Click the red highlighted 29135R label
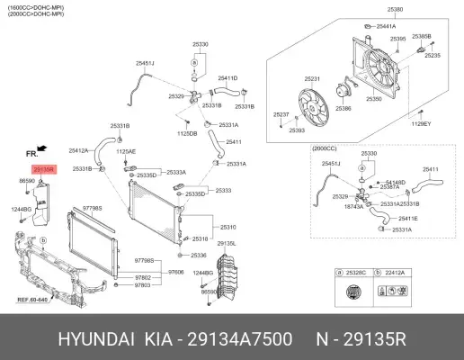click(44, 169)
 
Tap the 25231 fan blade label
click(313, 79)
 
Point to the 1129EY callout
click(423, 123)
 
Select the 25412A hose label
click(78, 150)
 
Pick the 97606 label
click(175, 271)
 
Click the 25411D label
click(228, 78)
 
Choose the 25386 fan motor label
click(344, 108)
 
